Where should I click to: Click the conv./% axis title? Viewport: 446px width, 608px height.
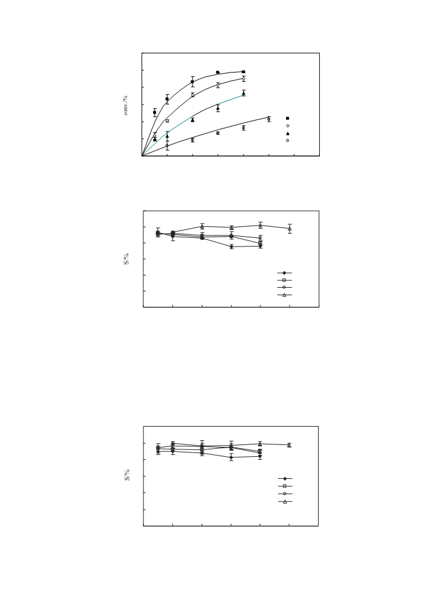[125, 105]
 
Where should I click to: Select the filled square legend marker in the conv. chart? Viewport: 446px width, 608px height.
[287, 118]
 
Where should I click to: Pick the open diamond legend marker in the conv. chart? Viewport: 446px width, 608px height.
[288, 125]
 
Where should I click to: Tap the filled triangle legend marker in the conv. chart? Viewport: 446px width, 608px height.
[287, 133]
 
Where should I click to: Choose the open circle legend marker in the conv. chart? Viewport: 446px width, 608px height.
[287, 140]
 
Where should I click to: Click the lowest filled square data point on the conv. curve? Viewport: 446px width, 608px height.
[154, 113]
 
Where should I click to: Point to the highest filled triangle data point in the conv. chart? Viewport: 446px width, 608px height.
[244, 93]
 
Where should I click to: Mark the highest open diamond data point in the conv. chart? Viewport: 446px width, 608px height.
[244, 78]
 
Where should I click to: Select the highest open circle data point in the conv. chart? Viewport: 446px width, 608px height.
[269, 119]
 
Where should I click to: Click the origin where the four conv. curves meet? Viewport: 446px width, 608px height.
[142, 156]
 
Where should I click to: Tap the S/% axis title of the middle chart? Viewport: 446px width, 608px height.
[126, 259]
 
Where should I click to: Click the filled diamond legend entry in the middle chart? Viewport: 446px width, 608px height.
[284, 273]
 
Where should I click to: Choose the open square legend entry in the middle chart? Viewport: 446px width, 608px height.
[284, 280]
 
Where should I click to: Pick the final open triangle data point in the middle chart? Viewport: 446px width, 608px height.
[290, 229]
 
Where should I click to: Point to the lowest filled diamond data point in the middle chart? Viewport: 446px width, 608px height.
[231, 247]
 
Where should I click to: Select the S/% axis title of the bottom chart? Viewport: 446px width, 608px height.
[127, 475]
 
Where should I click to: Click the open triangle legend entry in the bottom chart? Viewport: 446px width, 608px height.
[285, 502]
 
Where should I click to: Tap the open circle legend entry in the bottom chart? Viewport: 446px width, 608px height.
[285, 494]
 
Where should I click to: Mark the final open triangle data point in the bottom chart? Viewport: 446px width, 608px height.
[289, 445]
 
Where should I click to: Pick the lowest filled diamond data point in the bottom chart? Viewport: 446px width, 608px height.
[231, 457]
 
